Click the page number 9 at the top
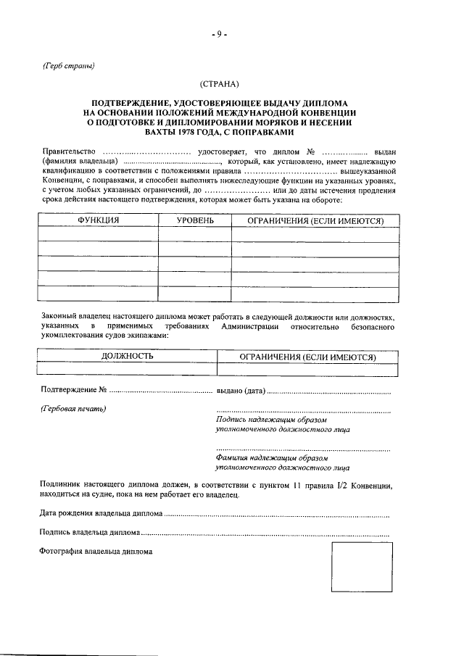(220, 33)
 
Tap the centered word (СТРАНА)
(220, 84)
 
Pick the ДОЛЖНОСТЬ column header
(127, 357)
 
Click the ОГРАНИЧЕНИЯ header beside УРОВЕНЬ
(315, 220)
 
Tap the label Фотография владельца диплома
(96, 551)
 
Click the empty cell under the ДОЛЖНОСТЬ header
(127, 370)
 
